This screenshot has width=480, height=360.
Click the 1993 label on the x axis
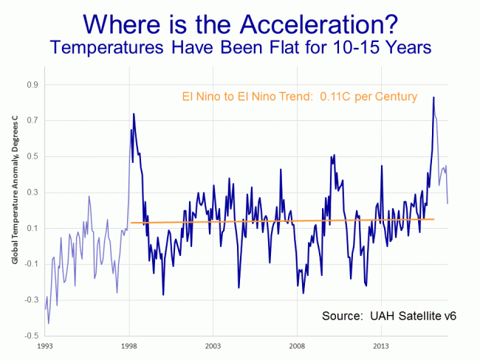pyautogui.click(x=45, y=345)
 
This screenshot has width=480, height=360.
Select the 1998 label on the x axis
pyautogui.click(x=129, y=345)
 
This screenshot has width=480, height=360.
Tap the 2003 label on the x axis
pyautogui.click(x=213, y=345)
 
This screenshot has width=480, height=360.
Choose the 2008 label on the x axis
pyautogui.click(x=298, y=345)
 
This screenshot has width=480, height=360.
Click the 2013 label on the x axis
pyautogui.click(x=382, y=345)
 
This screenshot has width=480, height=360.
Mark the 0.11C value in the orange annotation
pyautogui.click(x=336, y=97)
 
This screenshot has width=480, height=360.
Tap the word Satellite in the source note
pyautogui.click(x=417, y=316)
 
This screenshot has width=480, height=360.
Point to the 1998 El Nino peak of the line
pyautogui.click(x=134, y=114)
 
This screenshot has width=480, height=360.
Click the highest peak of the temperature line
pyautogui.click(x=433, y=97)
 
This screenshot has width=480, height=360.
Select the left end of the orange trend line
pyautogui.click(x=131, y=223)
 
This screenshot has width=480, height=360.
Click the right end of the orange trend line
pyautogui.click(x=434, y=219)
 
